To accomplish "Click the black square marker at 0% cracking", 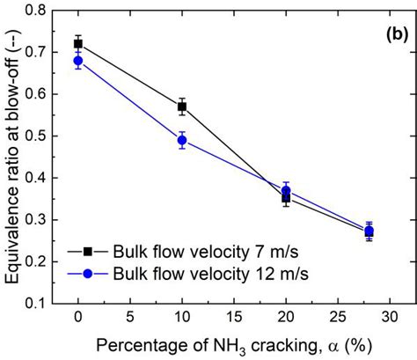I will (x=78, y=44).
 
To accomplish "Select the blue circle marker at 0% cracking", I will (x=78, y=61).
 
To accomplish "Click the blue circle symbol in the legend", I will (x=84, y=275).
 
